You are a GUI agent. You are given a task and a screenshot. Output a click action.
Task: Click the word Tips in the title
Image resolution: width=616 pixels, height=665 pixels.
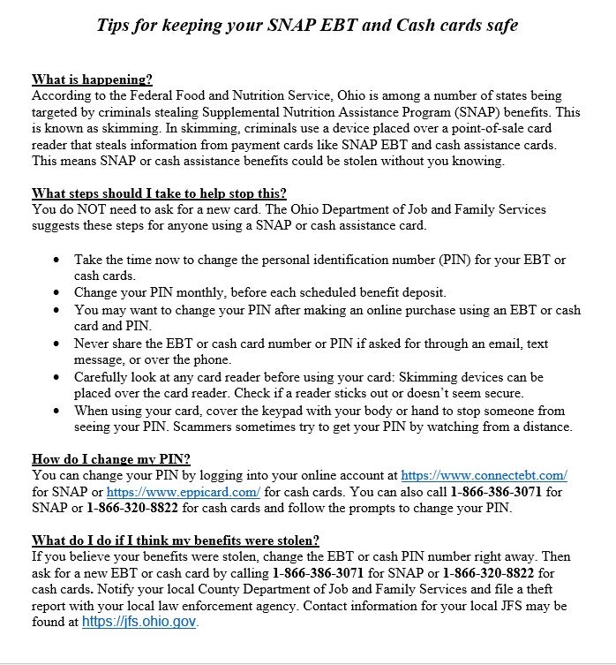tap(116, 25)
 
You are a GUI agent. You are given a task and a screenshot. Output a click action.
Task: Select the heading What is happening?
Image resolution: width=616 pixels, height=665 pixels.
tap(92, 79)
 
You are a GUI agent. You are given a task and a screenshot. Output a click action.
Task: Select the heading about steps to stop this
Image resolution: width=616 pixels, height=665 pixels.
tap(159, 193)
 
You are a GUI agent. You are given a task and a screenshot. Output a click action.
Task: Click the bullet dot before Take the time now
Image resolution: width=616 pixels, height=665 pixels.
tap(57, 261)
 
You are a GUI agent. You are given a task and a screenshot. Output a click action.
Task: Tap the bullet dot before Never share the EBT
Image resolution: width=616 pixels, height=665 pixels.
tap(57, 344)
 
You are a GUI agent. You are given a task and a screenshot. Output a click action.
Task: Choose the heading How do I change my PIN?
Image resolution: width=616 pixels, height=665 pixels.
tap(111, 458)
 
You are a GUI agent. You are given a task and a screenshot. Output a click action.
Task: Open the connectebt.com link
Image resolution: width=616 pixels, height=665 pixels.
tap(484, 475)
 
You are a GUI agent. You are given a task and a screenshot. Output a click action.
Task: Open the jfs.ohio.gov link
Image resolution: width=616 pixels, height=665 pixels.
tap(139, 622)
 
